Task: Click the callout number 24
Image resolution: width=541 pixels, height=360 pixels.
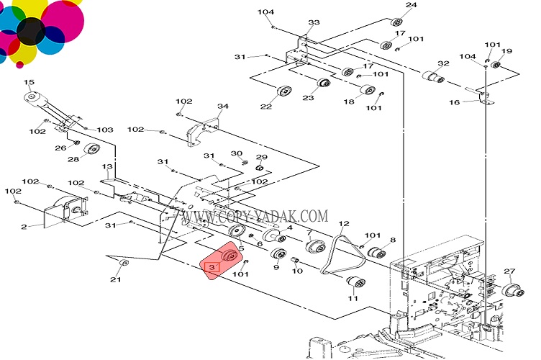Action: point(411,6)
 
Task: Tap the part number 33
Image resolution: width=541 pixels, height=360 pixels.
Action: point(314,23)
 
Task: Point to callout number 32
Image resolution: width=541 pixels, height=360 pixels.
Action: point(443,63)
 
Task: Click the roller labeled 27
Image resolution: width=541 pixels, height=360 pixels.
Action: point(512,290)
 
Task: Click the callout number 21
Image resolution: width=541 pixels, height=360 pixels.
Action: point(115,279)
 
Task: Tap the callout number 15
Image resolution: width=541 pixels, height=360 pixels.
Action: point(29,82)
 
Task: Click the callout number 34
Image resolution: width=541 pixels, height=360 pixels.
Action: point(223,107)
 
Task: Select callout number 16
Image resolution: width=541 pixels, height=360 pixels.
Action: point(454,102)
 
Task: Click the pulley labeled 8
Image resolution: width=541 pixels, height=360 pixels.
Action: point(375,253)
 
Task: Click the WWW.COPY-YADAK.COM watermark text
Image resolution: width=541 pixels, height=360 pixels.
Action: point(255,216)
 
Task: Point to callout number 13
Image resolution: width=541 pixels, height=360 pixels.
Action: point(107,166)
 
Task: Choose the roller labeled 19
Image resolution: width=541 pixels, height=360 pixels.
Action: point(496,66)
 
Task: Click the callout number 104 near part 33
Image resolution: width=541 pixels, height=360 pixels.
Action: point(266,12)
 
